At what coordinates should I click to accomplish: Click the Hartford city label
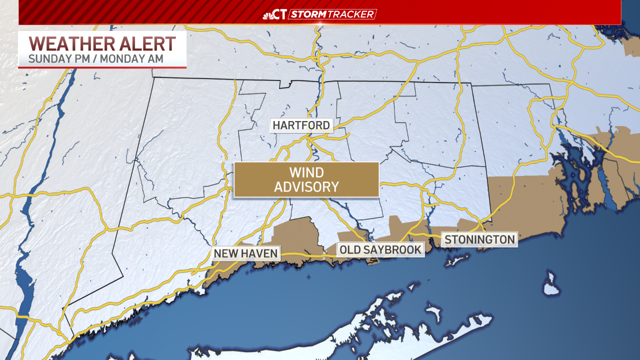click(301, 125)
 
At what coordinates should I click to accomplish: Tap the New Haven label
click(245, 253)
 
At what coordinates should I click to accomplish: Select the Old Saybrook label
click(380, 249)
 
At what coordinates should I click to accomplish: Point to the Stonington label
click(479, 239)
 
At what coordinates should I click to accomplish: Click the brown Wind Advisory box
click(306, 179)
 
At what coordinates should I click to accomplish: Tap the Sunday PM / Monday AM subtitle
click(95, 58)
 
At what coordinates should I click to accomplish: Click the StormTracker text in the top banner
click(332, 14)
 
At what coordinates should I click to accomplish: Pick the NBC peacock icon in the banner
click(268, 14)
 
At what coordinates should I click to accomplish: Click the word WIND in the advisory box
click(306, 172)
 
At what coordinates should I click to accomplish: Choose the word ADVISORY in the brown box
click(306, 187)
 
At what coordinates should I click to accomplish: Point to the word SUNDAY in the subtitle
click(48, 58)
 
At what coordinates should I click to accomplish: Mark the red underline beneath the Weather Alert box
click(102, 67)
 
